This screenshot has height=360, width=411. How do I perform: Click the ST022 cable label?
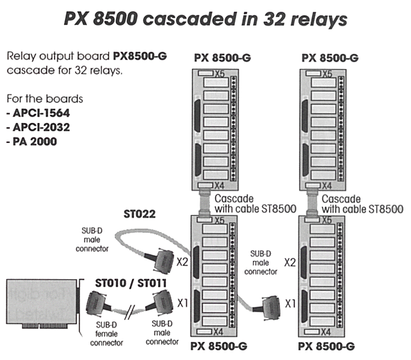click(x=140, y=214)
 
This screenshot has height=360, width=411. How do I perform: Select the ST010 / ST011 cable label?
click(x=131, y=283)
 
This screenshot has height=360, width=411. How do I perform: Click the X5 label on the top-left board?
click(x=220, y=74)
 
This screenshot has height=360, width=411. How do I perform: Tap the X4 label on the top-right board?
click(x=327, y=186)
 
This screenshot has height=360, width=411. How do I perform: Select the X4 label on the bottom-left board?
click(x=218, y=332)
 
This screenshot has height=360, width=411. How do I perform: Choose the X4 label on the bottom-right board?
click(x=325, y=332)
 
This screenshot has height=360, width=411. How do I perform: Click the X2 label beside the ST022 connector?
click(x=182, y=262)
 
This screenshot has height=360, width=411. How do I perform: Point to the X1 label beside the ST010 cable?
click(x=182, y=303)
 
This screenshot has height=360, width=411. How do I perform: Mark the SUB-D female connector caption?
click(x=106, y=334)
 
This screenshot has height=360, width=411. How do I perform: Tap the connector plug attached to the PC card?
click(x=97, y=303)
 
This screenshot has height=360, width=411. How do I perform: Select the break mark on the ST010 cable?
click(x=129, y=312)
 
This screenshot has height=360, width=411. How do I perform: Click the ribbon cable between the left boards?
click(x=205, y=203)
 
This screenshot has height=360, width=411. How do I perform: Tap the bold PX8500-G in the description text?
click(x=140, y=56)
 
